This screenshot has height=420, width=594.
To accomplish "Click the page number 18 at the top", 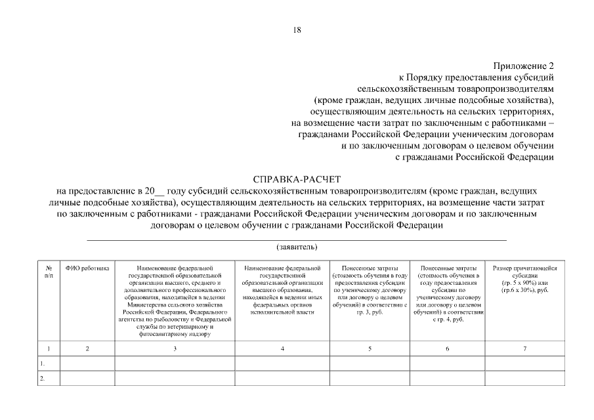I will pyautogui.click(x=297, y=30).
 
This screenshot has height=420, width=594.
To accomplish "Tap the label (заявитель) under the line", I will pyautogui.click(x=297, y=247).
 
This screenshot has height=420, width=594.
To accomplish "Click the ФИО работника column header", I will pyautogui.click(x=88, y=268).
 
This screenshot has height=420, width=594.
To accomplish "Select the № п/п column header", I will pyautogui.click(x=49, y=272).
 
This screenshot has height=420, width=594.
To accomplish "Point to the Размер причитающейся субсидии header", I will pyautogui.click(x=524, y=279).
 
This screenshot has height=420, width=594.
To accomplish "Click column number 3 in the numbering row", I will pyautogui.click(x=175, y=348).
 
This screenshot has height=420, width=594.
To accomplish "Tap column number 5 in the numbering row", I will pyautogui.click(x=370, y=348).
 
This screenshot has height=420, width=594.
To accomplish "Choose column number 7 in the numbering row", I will pyautogui.click(x=524, y=348).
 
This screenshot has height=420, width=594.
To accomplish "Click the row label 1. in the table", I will pyautogui.click(x=43, y=363).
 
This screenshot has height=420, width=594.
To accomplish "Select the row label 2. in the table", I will pyautogui.click(x=43, y=378).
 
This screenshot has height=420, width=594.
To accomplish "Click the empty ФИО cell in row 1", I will pyautogui.click(x=88, y=363).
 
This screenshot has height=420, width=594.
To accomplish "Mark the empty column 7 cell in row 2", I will pyautogui.click(x=524, y=378).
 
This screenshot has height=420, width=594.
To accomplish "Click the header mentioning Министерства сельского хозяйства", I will pyautogui.click(x=175, y=301).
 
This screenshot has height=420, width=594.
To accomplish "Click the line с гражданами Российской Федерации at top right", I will pyautogui.click(x=475, y=157).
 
